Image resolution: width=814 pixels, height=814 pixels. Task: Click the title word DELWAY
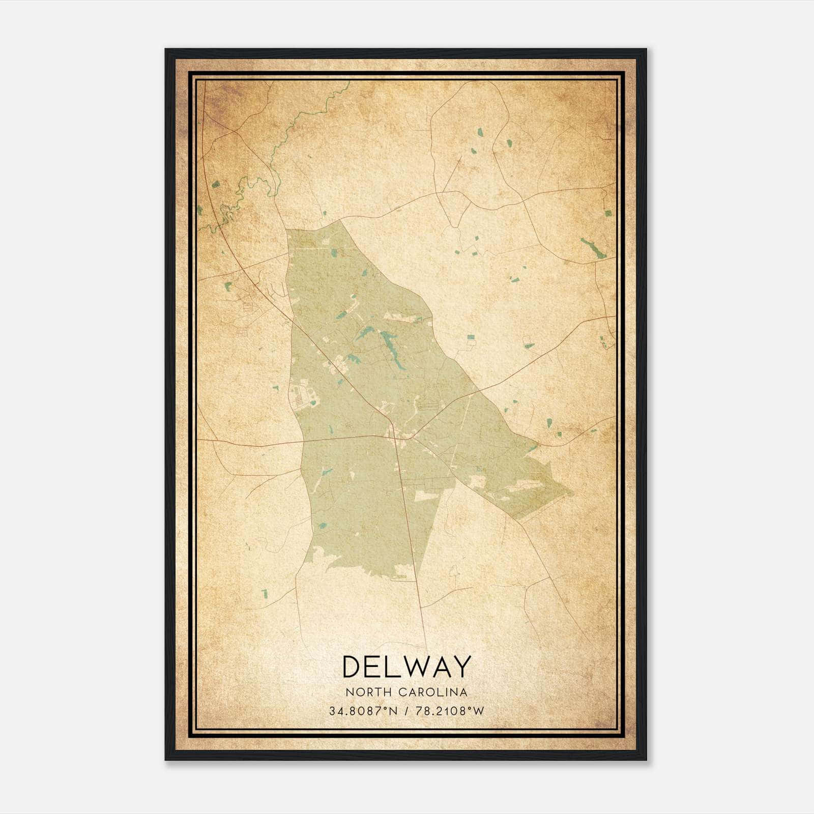coord(406,666)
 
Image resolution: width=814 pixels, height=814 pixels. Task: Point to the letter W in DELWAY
coord(414,666)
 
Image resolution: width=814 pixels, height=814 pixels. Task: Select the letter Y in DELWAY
coord(461,666)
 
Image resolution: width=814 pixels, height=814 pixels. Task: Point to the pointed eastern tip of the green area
coord(572,492)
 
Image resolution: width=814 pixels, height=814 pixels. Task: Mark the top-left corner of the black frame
coord(166,50)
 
